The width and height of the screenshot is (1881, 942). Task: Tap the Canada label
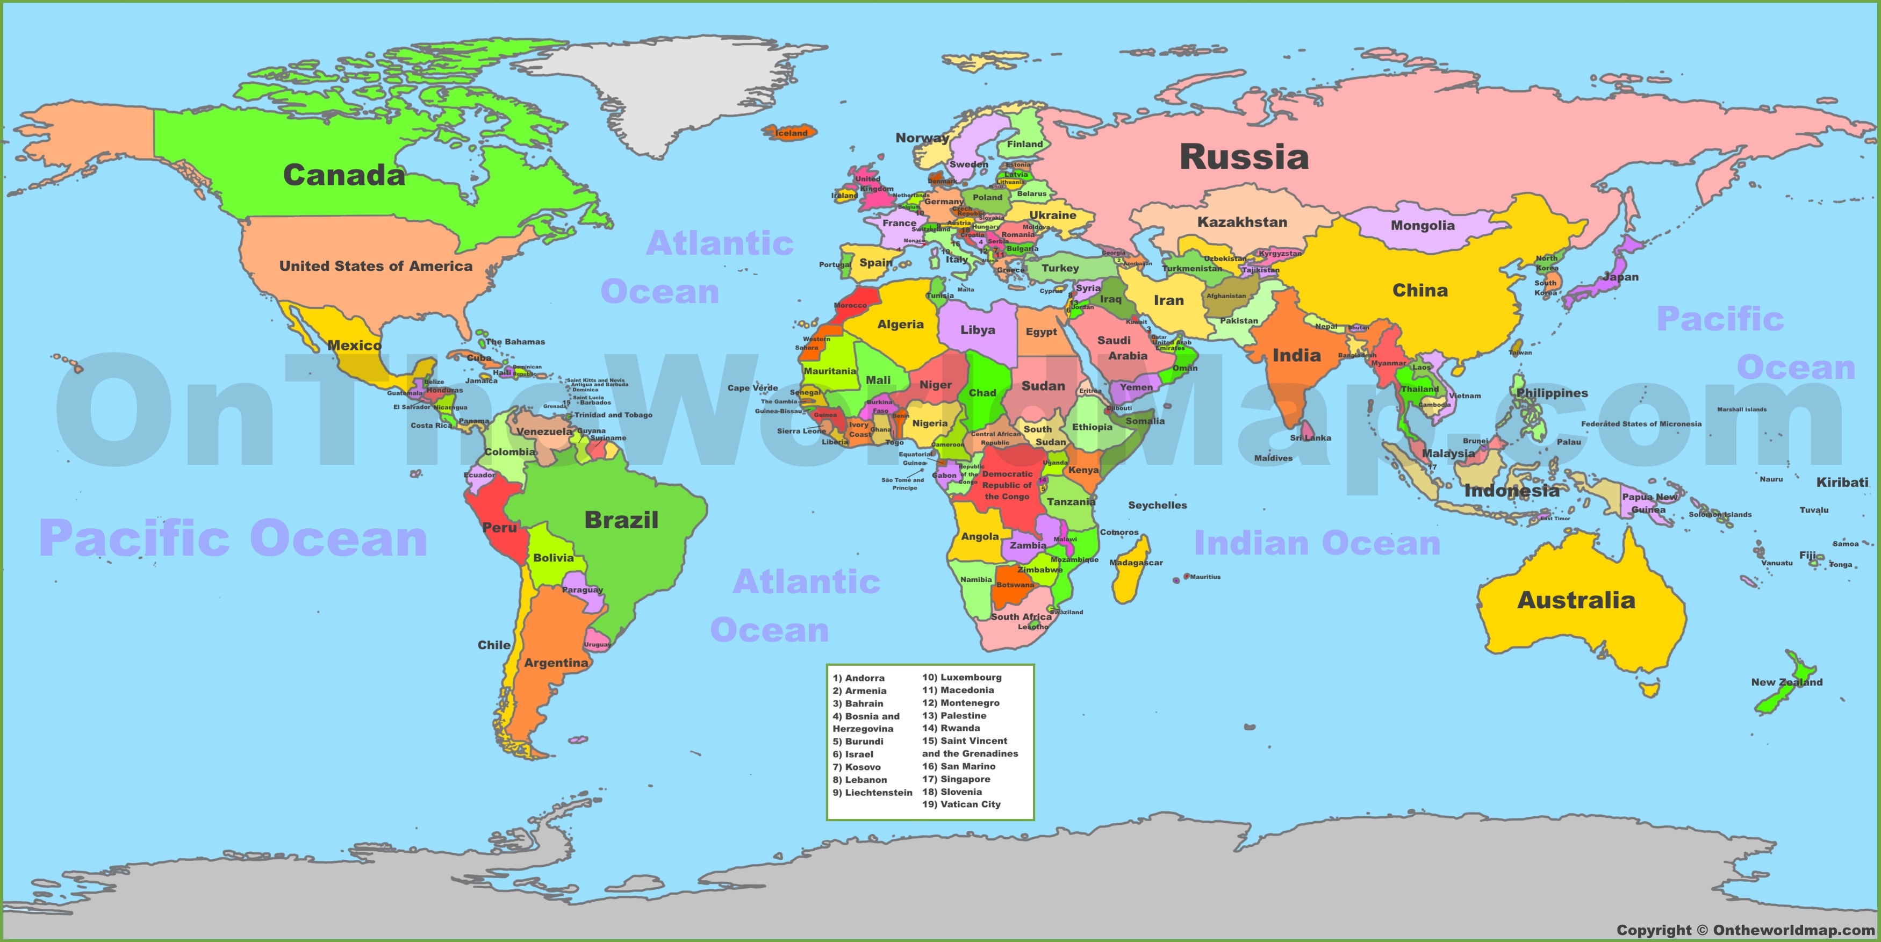(x=343, y=175)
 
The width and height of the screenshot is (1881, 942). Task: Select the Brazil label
(x=621, y=520)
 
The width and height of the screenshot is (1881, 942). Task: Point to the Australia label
(x=1576, y=600)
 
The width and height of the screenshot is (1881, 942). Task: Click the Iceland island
(x=790, y=132)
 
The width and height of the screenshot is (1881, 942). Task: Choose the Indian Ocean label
(x=1317, y=543)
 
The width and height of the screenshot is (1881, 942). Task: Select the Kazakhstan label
(x=1242, y=222)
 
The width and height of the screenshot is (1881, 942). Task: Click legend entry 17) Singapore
(x=956, y=779)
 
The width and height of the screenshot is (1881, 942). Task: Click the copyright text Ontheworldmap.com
(x=1745, y=930)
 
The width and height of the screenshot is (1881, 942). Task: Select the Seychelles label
(x=1158, y=505)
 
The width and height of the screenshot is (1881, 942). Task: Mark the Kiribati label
(x=1842, y=483)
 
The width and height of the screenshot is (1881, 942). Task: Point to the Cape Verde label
(x=752, y=388)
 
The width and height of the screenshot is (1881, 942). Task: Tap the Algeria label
(x=900, y=324)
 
